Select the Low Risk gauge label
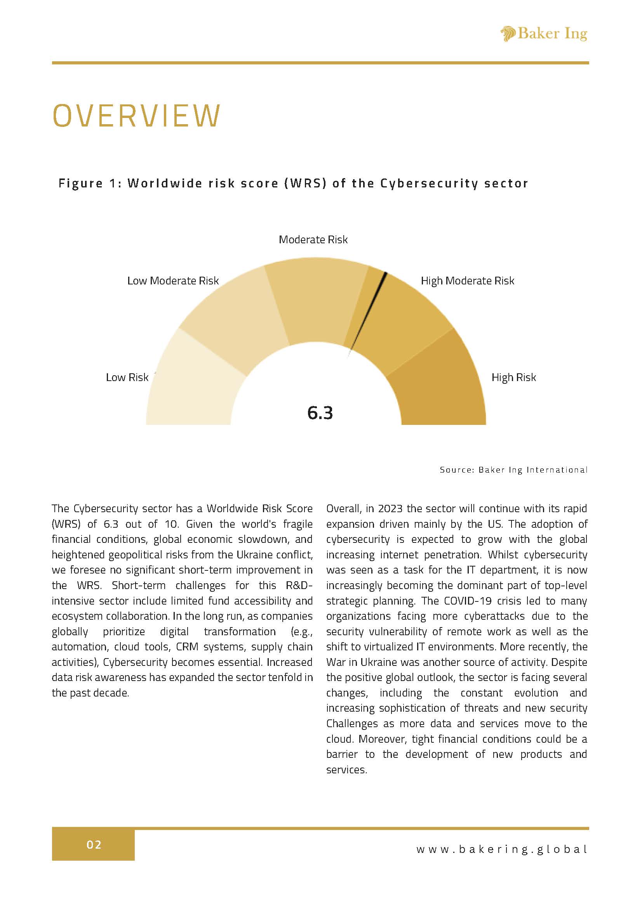127,377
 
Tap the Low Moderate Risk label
172,281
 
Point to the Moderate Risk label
313,240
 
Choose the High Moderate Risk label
467,281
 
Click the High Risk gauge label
513,377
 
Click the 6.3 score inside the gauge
320,413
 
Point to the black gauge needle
368,312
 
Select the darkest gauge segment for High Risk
439,388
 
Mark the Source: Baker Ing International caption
513,470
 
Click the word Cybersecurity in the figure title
429,184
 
